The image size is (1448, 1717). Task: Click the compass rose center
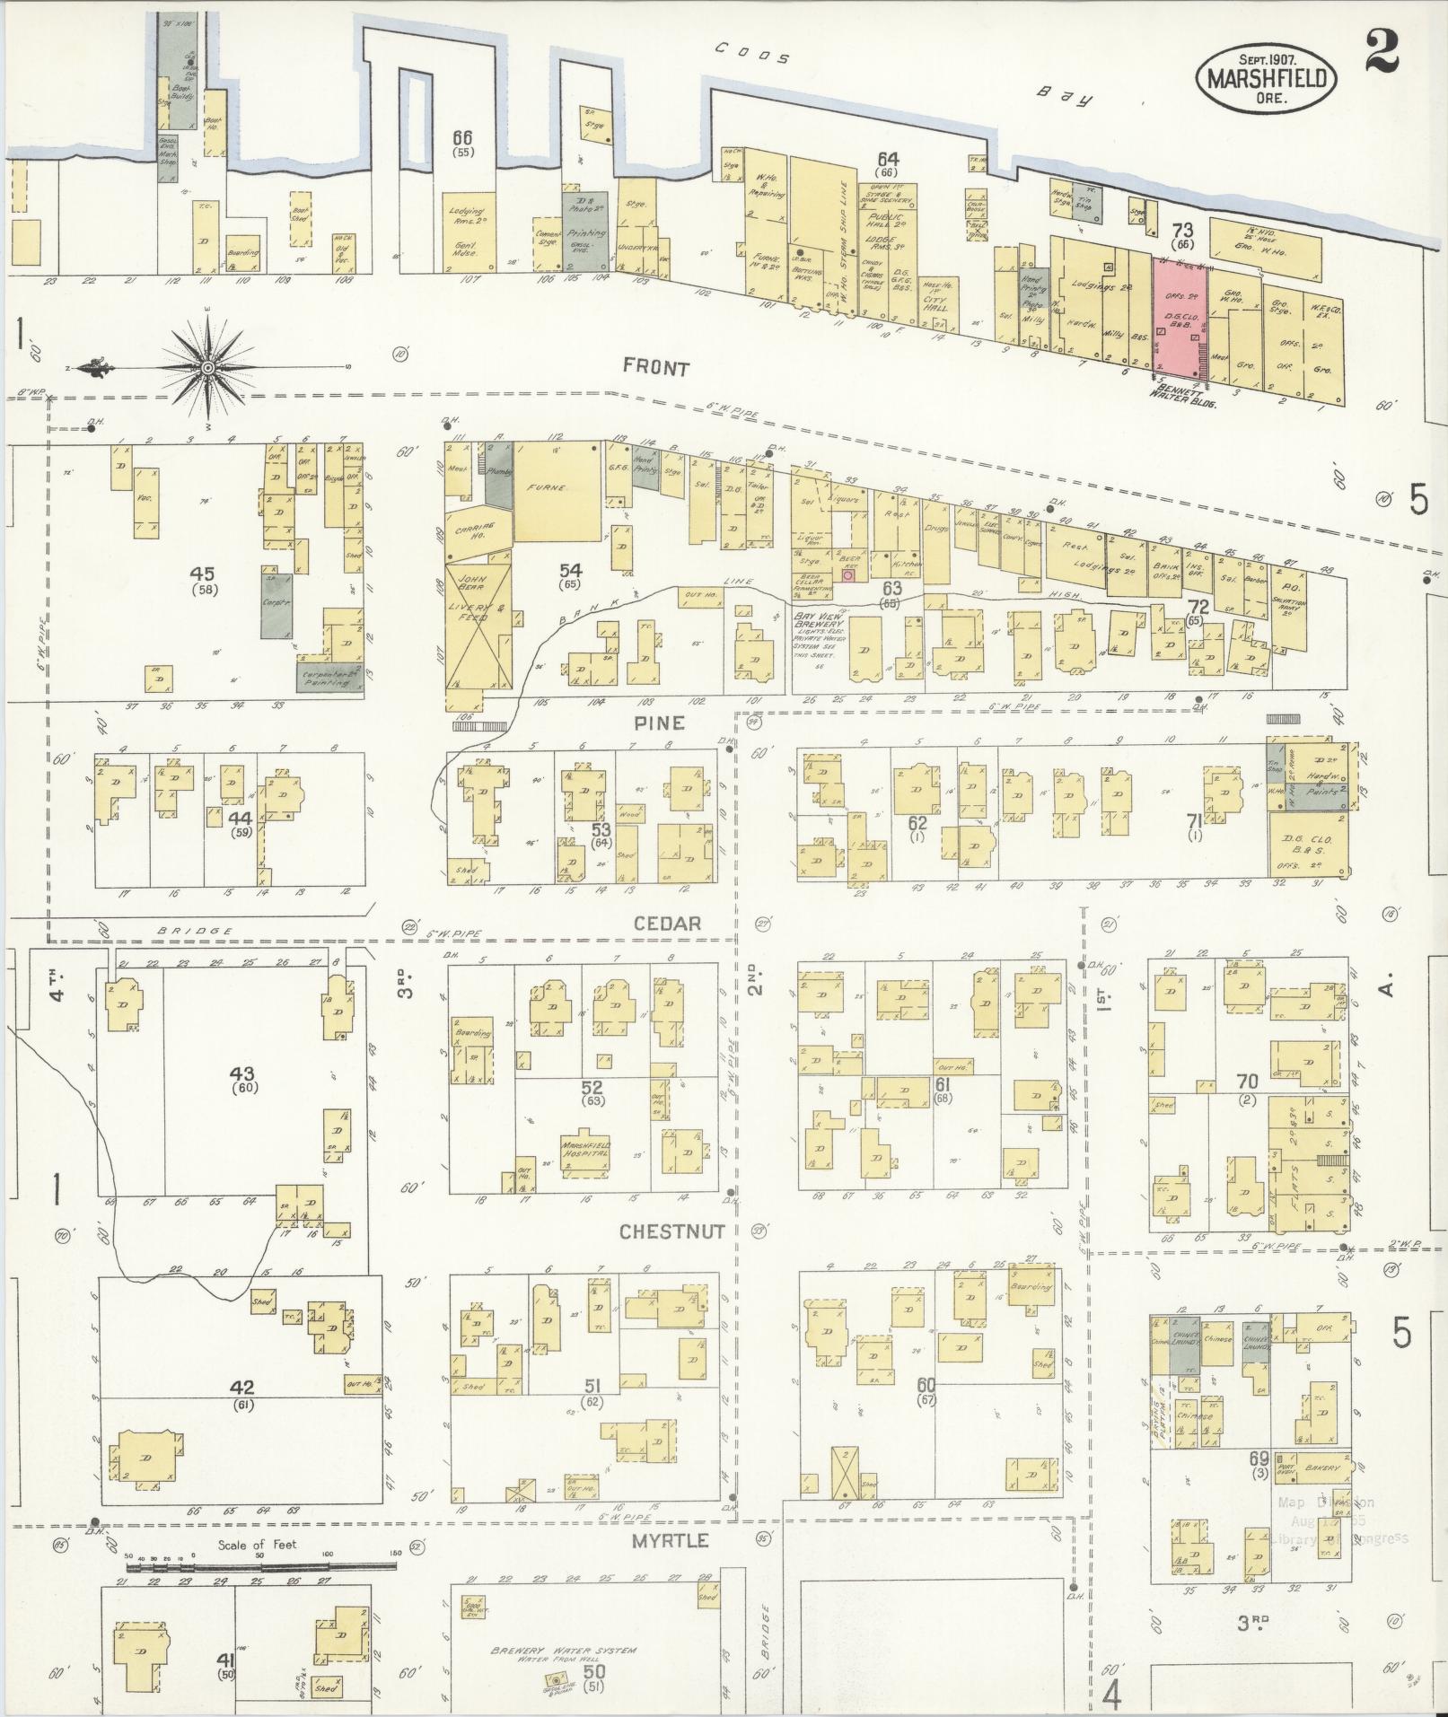point(208,367)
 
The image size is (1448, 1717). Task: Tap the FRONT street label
point(656,368)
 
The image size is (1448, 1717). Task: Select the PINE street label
point(658,723)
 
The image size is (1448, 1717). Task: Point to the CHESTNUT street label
point(672,1231)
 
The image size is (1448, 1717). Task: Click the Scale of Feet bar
point(260,1565)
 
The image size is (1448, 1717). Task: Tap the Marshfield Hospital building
point(585,1152)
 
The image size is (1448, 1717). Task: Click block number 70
point(1247,1081)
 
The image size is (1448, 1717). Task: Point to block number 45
point(206,573)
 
